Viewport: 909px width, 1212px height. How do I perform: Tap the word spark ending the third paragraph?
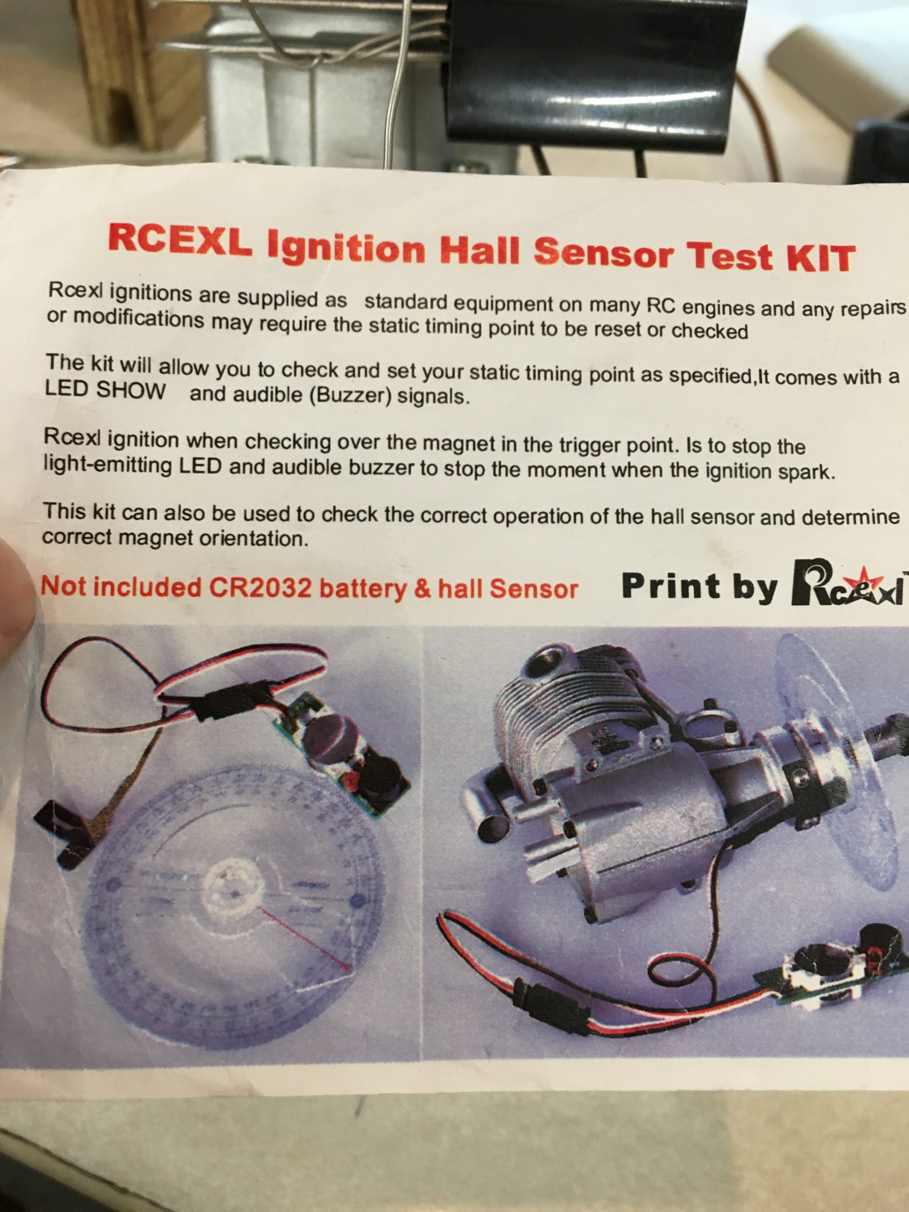[806, 472]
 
